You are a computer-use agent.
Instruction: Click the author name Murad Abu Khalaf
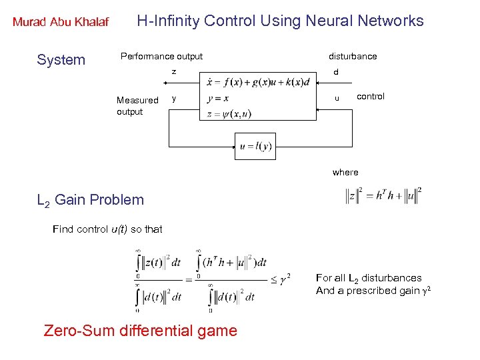61,22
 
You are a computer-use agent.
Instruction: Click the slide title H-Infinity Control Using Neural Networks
280,21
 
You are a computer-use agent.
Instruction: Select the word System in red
61,60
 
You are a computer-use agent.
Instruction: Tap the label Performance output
161,56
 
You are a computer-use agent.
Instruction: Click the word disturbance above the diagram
353,56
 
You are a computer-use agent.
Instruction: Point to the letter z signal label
173,71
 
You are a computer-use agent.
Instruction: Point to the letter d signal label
336,72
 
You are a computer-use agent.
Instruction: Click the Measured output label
137,106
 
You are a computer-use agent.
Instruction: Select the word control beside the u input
371,96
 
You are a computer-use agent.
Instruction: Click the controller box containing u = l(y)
255,146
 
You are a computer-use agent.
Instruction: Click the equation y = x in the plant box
218,99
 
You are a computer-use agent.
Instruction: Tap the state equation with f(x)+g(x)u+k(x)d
258,83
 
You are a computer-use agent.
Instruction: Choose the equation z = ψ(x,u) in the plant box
229,114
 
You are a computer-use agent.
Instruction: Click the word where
345,172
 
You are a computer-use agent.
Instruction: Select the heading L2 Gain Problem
90,199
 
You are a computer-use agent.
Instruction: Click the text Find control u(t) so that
107,229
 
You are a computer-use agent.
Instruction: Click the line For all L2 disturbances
369,277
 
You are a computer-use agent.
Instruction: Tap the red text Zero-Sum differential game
140,330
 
